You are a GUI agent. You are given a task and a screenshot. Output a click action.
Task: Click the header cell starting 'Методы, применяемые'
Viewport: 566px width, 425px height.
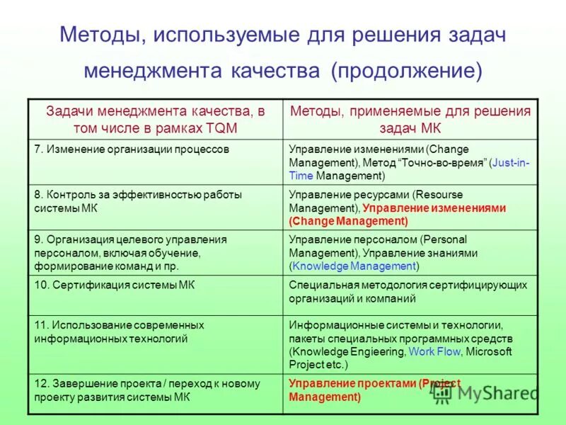pyautogui.click(x=410, y=119)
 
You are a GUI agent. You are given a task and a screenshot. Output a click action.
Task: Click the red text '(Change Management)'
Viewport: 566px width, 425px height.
pyautogui.click(x=349, y=221)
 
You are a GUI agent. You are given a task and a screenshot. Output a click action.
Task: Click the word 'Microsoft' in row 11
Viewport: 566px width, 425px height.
pyautogui.click(x=489, y=351)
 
